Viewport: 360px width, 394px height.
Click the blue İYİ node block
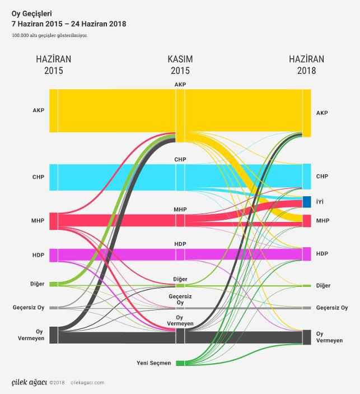[x=307, y=202]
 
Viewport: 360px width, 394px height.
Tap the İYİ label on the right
[x=320, y=201]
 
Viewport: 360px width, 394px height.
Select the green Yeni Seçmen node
[x=180, y=363]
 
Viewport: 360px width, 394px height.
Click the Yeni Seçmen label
[x=153, y=363]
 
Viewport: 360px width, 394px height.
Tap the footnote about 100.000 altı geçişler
[x=49, y=35]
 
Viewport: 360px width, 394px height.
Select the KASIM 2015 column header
[x=180, y=65]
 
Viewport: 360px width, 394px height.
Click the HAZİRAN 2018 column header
[x=306, y=65]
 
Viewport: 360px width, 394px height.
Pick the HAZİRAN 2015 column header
[x=53, y=65]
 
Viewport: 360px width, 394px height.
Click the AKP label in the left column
[x=38, y=110]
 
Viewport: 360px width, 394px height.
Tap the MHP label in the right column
[x=322, y=221]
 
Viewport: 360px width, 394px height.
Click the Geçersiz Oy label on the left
[x=28, y=308]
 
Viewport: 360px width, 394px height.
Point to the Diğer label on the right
[x=323, y=286]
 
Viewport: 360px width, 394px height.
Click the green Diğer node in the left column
[x=54, y=284]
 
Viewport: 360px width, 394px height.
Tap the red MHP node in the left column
[x=54, y=221]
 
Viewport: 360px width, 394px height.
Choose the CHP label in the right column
[x=322, y=177]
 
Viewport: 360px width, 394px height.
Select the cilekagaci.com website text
[x=88, y=383]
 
